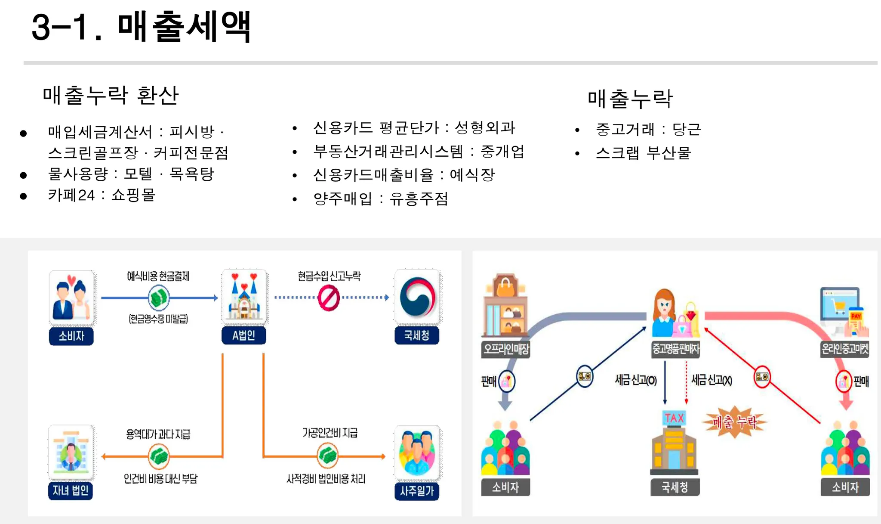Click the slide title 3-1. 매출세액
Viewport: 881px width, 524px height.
[x=141, y=27]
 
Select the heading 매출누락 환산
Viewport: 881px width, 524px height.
[x=111, y=95]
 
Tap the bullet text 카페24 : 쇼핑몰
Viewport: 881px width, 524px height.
[x=102, y=195]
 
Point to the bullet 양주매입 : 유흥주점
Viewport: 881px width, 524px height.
[x=381, y=198]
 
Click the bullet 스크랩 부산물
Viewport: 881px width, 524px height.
[x=643, y=153]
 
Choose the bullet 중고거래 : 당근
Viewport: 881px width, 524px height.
[x=648, y=129]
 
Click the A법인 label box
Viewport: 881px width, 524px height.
[x=243, y=335]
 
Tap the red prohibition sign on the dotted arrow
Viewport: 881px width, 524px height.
[x=329, y=298]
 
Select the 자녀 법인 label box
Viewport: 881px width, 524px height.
[x=71, y=490]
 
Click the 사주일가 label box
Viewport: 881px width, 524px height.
[x=417, y=491]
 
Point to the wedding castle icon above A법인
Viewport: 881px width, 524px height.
[x=244, y=296]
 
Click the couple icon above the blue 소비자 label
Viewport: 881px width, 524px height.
[x=71, y=297]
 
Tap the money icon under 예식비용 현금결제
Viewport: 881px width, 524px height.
[x=159, y=298]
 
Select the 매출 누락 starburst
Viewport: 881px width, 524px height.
[x=735, y=422]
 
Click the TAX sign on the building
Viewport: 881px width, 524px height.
[x=674, y=418]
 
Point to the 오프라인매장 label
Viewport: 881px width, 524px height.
[x=506, y=348]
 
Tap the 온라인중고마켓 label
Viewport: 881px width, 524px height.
[x=845, y=348]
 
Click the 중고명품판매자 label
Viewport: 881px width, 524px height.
[x=676, y=348]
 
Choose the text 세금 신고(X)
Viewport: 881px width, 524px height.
[x=712, y=380]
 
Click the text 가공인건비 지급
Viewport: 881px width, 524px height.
[x=330, y=433]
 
